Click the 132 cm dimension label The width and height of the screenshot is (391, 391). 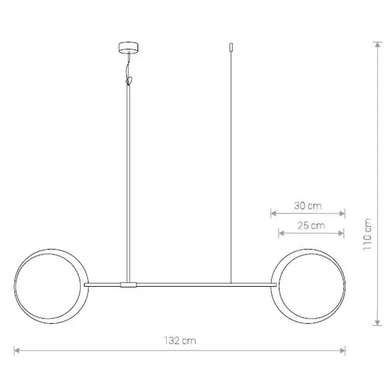coord(180,341)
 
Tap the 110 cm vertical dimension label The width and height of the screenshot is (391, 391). coord(368,235)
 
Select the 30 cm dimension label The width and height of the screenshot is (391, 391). coord(308,206)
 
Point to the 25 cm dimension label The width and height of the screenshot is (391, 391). coord(311,226)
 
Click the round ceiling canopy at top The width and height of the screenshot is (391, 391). coord(128,47)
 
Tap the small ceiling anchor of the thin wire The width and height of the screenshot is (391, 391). coord(231,47)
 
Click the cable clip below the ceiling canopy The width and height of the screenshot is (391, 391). coord(129,81)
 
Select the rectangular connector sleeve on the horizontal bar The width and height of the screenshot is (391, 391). coord(128,285)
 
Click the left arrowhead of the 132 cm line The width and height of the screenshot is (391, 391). coord(16,351)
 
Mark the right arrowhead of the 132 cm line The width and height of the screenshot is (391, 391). coord(342,351)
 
